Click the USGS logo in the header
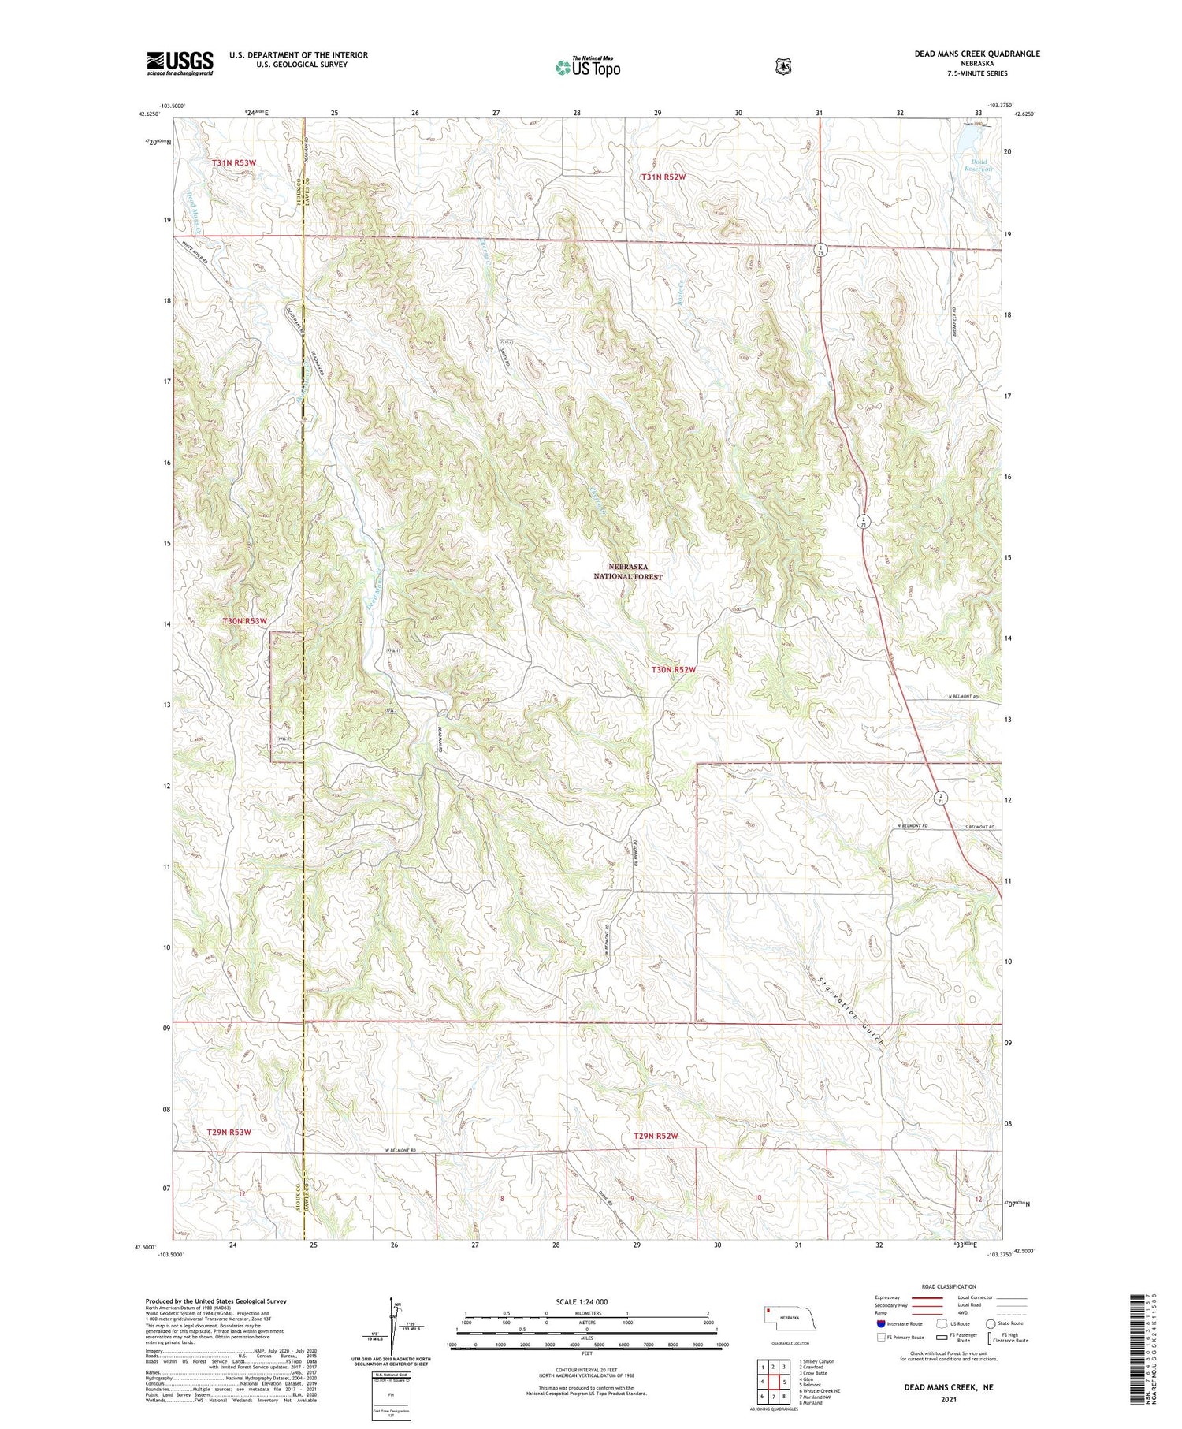pos(180,63)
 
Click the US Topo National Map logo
pos(587,67)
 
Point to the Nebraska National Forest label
pos(628,571)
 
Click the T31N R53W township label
pos(234,162)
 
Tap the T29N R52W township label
pos(656,1136)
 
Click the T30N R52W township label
pos(674,670)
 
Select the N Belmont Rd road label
pos(963,698)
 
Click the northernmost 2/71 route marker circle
pos(820,248)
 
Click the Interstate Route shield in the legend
pos(880,1323)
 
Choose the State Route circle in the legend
pos(991,1323)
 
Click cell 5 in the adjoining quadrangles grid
pos(784,1382)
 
